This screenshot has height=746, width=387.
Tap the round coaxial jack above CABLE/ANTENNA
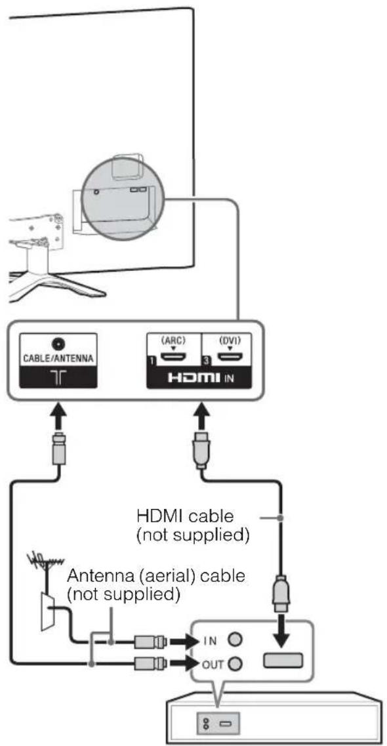pos(58,344)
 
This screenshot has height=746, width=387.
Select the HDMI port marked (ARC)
pos(173,357)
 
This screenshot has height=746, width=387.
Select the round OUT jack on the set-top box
pos(234,664)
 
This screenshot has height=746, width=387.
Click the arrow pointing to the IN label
pos(182,641)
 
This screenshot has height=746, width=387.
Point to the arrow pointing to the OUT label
pos(182,663)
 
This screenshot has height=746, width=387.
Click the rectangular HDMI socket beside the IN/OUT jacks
pos(283,661)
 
